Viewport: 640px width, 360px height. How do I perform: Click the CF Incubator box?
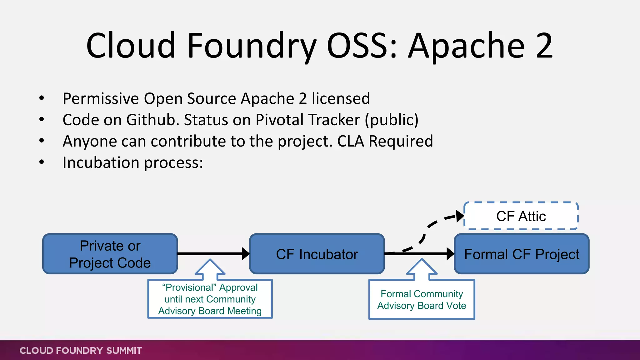317,254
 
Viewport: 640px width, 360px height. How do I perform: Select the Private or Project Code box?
110,254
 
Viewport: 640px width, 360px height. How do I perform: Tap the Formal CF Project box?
521,254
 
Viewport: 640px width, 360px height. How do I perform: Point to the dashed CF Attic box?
521,216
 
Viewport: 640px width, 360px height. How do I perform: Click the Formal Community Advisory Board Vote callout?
422,300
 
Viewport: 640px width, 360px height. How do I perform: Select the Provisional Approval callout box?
210,299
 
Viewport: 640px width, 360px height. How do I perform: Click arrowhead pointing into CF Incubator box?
246,254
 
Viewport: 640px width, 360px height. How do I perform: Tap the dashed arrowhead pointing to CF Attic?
460,216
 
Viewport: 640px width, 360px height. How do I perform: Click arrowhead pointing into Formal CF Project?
450,254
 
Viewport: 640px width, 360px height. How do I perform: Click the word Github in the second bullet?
152,120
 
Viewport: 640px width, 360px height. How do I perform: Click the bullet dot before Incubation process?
42,162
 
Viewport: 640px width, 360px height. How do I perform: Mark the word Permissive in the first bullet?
101,99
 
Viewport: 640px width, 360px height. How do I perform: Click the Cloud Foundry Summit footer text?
81,350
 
